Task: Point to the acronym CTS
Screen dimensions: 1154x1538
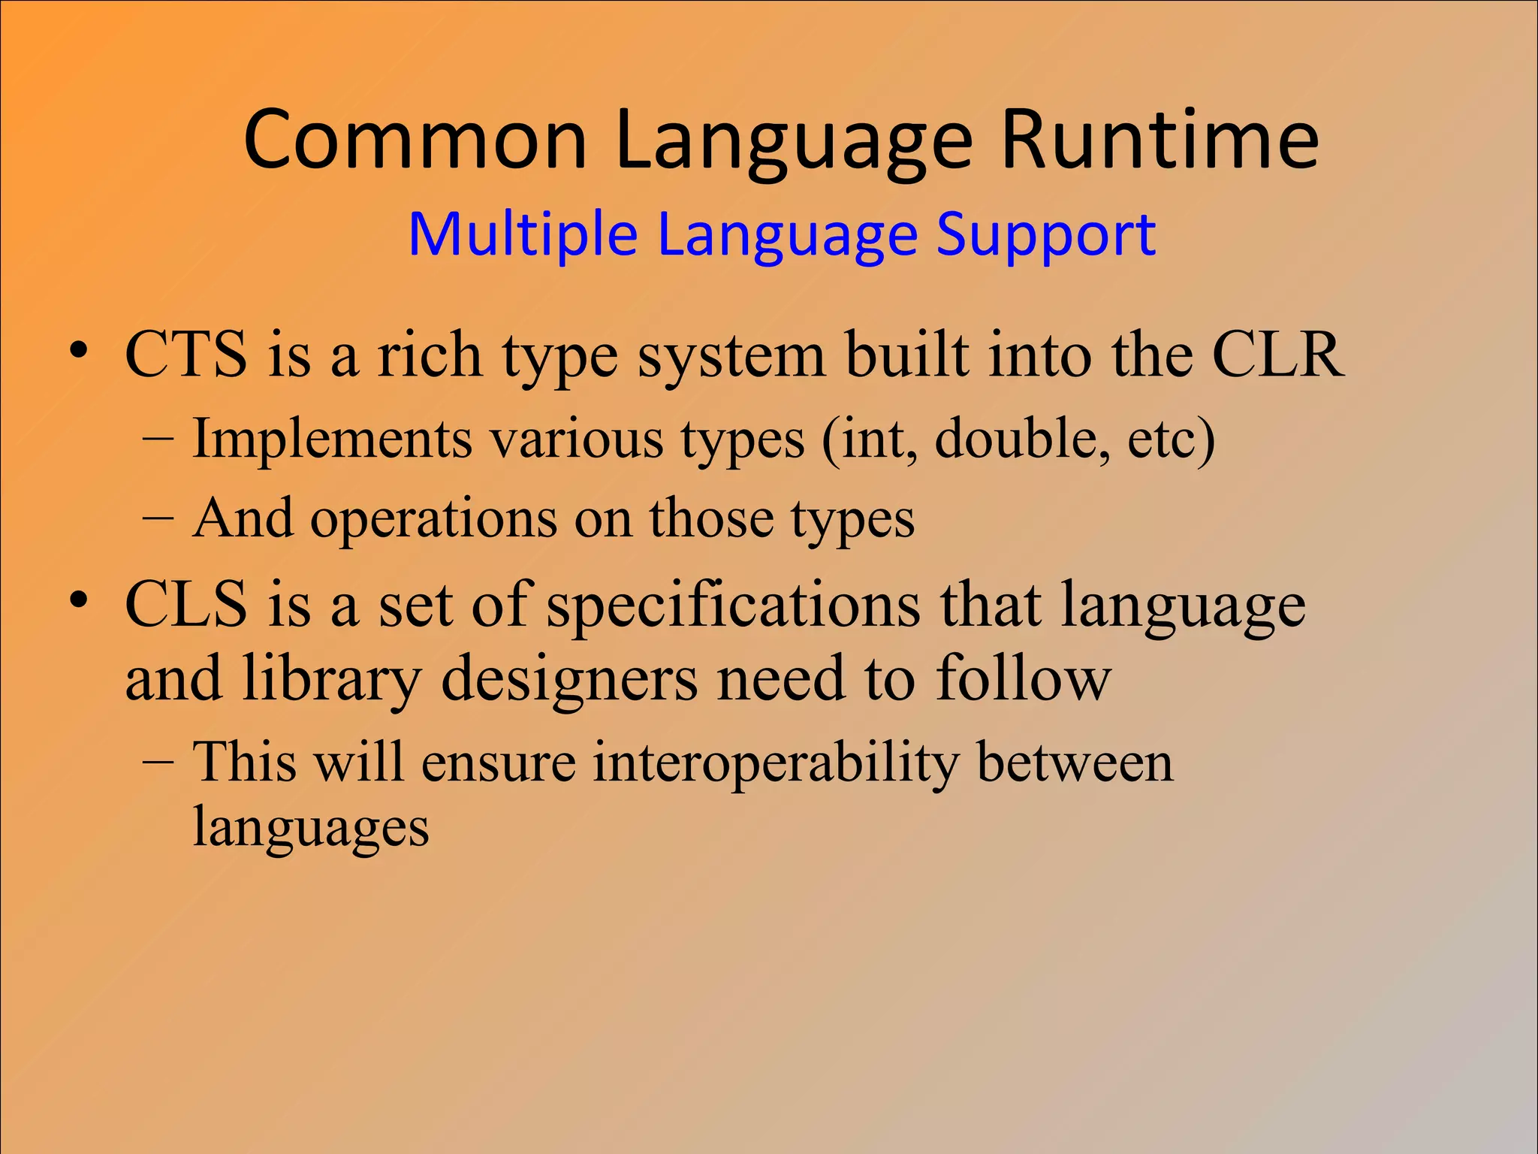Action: (185, 354)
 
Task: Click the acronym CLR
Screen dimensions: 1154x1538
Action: (1277, 354)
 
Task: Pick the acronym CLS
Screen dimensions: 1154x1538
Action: (185, 604)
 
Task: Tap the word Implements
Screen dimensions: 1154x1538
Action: (332, 439)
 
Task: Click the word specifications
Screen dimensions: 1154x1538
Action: (733, 606)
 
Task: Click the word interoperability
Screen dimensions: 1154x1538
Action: (776, 763)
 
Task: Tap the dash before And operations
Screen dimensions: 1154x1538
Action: (158, 519)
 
